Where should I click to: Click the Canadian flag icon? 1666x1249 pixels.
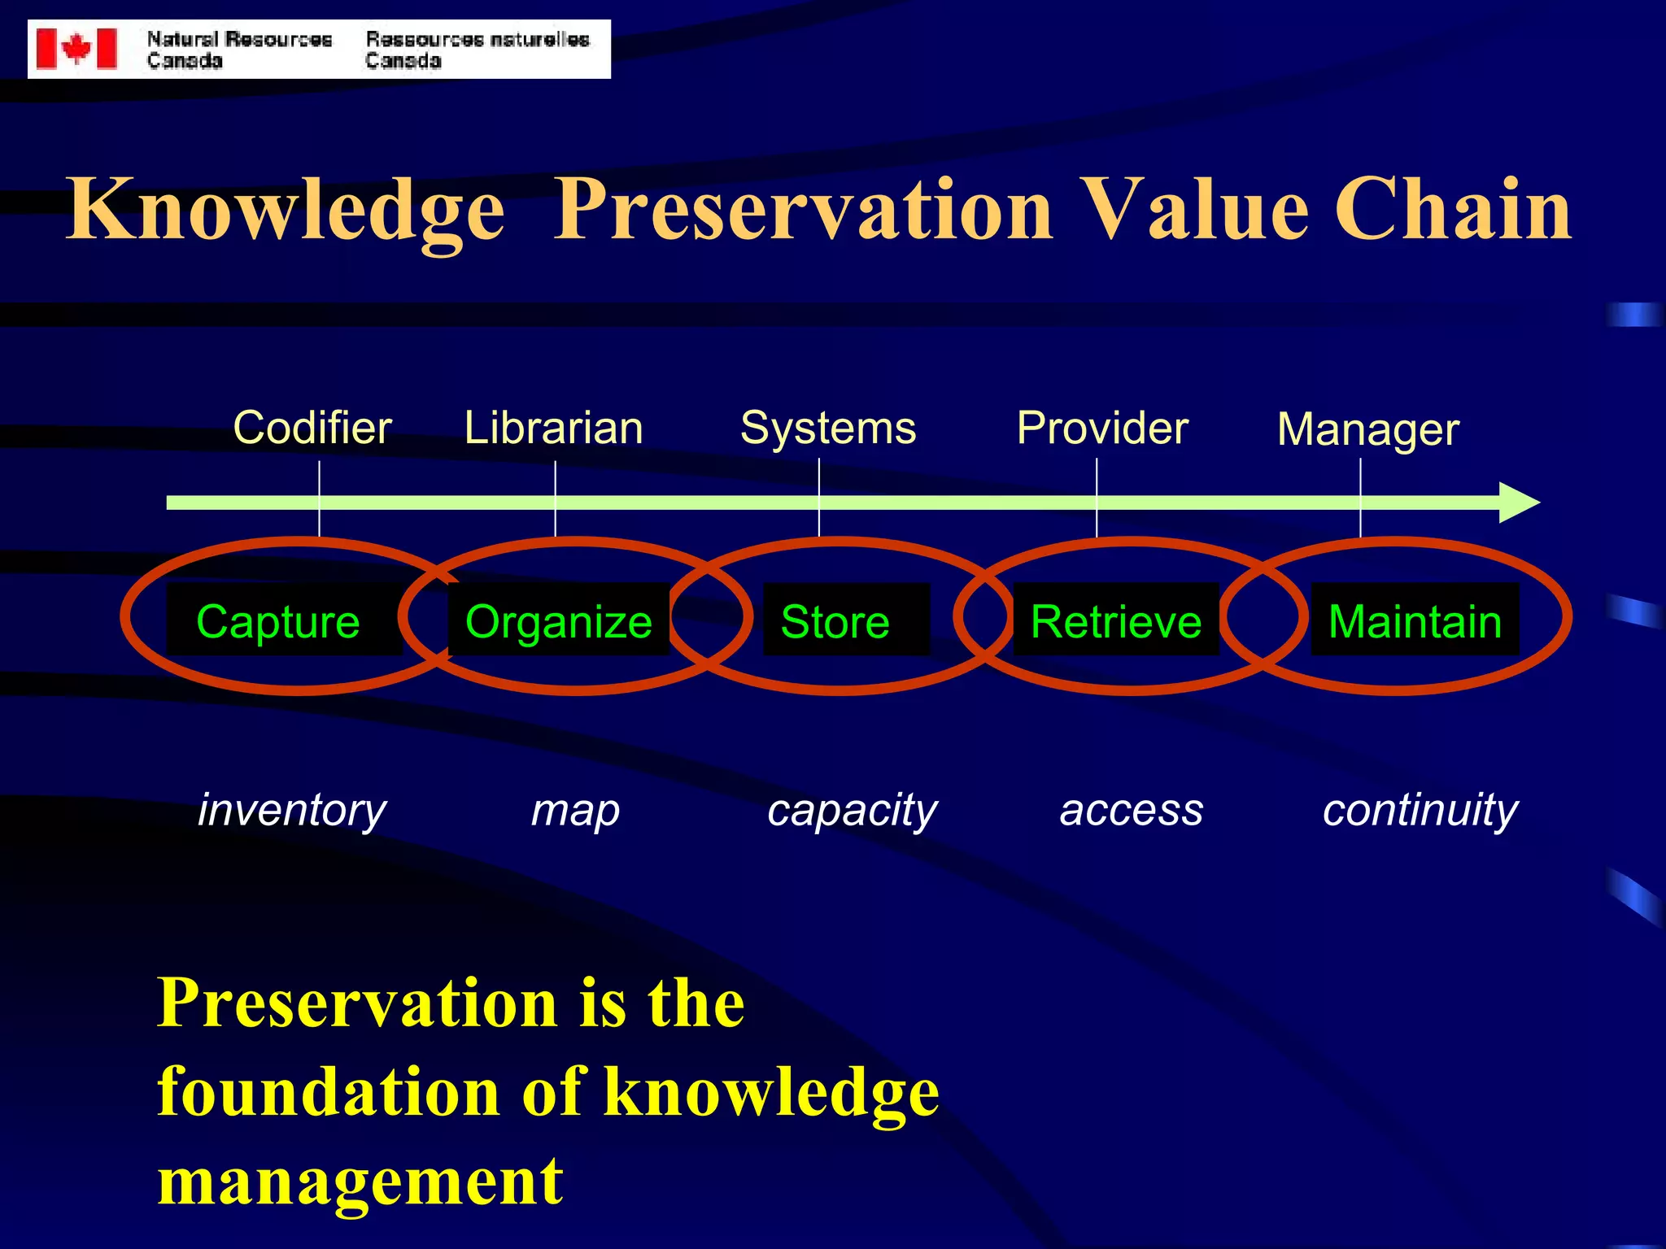pos(77,49)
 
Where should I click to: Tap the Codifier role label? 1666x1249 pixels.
pos(312,428)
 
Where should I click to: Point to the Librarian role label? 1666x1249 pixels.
pos(553,428)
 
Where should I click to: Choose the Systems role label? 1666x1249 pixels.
pos(828,428)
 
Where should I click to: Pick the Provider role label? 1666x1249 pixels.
pos(1102,428)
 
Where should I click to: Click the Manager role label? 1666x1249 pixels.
pos(1368,429)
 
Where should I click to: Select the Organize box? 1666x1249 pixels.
pos(559,620)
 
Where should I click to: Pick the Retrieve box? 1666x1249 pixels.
pos(1115,620)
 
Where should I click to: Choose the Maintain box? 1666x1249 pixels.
pos(1415,620)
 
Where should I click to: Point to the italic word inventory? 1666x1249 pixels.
pos(292,811)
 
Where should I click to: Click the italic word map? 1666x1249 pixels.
pos(575,811)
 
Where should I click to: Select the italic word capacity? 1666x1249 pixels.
pos(853,811)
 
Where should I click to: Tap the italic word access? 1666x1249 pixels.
pos(1131,811)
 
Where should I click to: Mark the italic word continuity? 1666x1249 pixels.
pos(1420,811)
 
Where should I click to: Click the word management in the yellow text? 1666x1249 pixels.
pos(360,1182)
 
